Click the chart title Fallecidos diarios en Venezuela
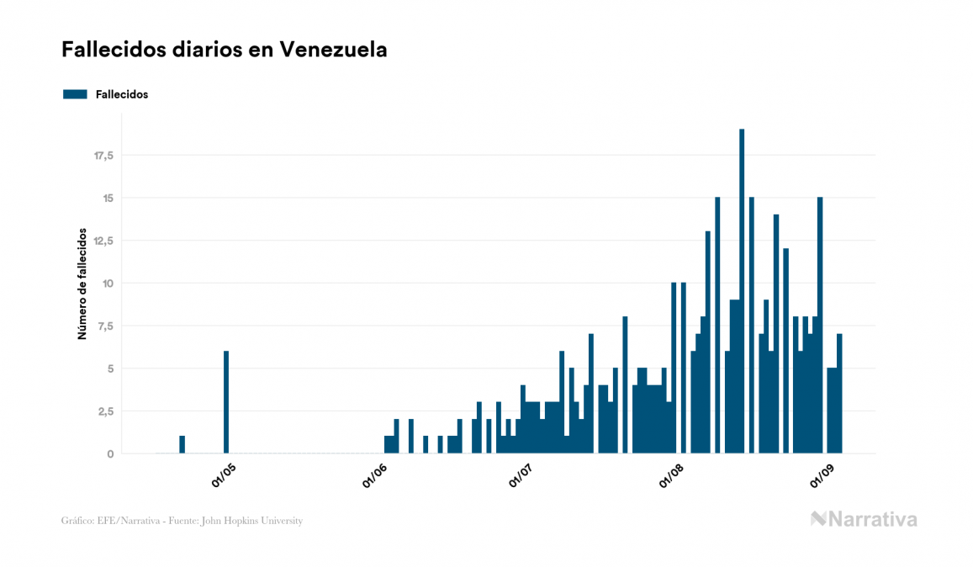(224, 50)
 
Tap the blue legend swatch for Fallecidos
(75, 94)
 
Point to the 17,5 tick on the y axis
(103, 156)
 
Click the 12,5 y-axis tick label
(103, 241)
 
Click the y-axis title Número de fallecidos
(82, 283)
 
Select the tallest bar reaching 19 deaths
(742, 291)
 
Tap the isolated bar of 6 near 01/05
(226, 402)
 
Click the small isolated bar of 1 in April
(182, 445)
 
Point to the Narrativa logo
(864, 519)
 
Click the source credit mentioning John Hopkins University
(182, 521)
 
